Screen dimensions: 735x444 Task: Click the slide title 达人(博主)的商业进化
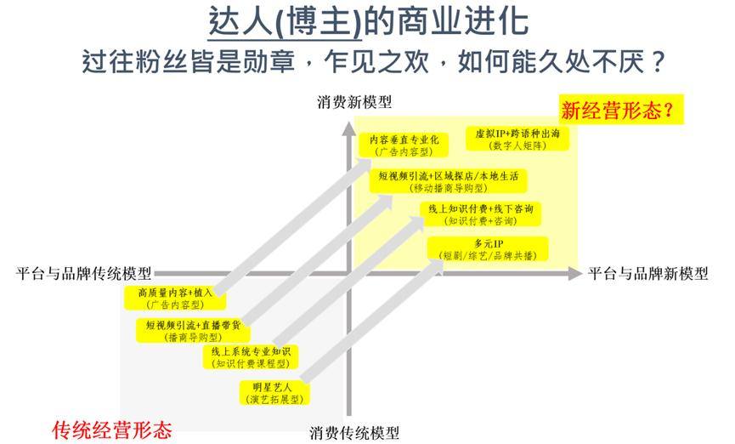click(369, 21)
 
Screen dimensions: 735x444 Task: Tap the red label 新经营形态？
click(617, 111)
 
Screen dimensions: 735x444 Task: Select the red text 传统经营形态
click(112, 430)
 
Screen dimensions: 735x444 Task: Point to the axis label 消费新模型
click(354, 102)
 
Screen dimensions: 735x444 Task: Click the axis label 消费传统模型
click(354, 432)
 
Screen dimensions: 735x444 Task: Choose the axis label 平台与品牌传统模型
click(84, 273)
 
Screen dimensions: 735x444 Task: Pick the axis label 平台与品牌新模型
click(648, 273)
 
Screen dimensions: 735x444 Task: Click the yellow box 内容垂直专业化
click(404, 145)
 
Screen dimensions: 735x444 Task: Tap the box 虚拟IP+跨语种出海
click(517, 139)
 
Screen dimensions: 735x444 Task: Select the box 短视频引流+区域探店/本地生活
click(448, 181)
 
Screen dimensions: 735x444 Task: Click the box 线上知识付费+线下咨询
click(481, 214)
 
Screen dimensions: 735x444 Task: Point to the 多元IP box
click(488, 249)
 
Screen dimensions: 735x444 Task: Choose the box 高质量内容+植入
click(175, 298)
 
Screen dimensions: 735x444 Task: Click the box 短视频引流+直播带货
click(193, 330)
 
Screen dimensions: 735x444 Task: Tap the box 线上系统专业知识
click(251, 357)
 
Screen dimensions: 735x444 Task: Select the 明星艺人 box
click(274, 393)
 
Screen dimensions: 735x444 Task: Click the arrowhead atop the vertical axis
click(348, 129)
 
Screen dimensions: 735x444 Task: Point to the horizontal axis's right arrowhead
click(575, 273)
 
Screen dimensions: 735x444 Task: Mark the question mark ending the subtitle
click(658, 62)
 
